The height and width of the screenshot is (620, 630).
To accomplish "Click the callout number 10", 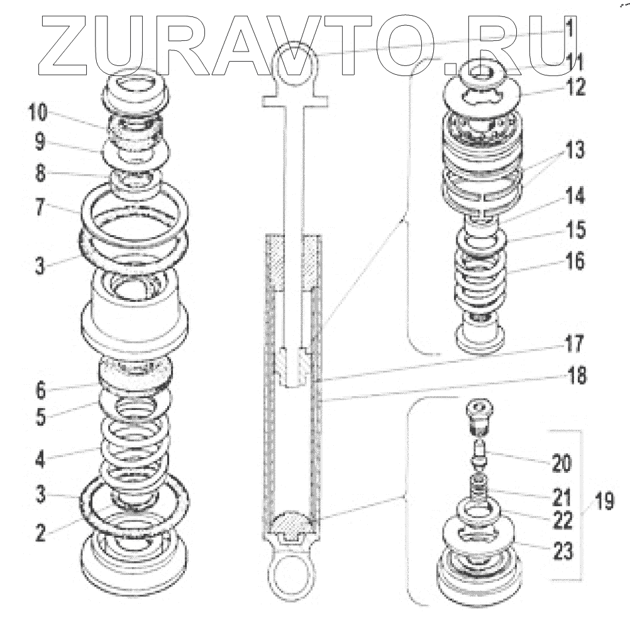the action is pyautogui.click(x=38, y=113).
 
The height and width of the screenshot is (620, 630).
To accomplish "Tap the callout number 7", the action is pyautogui.click(x=39, y=208).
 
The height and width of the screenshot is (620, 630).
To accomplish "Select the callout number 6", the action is pyautogui.click(x=40, y=390).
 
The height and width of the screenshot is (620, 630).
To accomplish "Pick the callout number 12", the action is pyautogui.click(x=575, y=87).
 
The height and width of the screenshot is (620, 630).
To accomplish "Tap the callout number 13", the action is pyautogui.click(x=575, y=151).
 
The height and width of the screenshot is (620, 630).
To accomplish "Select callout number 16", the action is pyautogui.click(x=575, y=260).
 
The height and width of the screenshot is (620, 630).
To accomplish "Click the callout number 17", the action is pyautogui.click(x=575, y=345).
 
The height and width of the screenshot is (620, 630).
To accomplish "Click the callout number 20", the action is pyautogui.click(x=561, y=465).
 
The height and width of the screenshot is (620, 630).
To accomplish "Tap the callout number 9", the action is pyautogui.click(x=39, y=142).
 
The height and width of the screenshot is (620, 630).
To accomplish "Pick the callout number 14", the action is pyautogui.click(x=575, y=197).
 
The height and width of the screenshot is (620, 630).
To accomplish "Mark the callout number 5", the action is pyautogui.click(x=40, y=418).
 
